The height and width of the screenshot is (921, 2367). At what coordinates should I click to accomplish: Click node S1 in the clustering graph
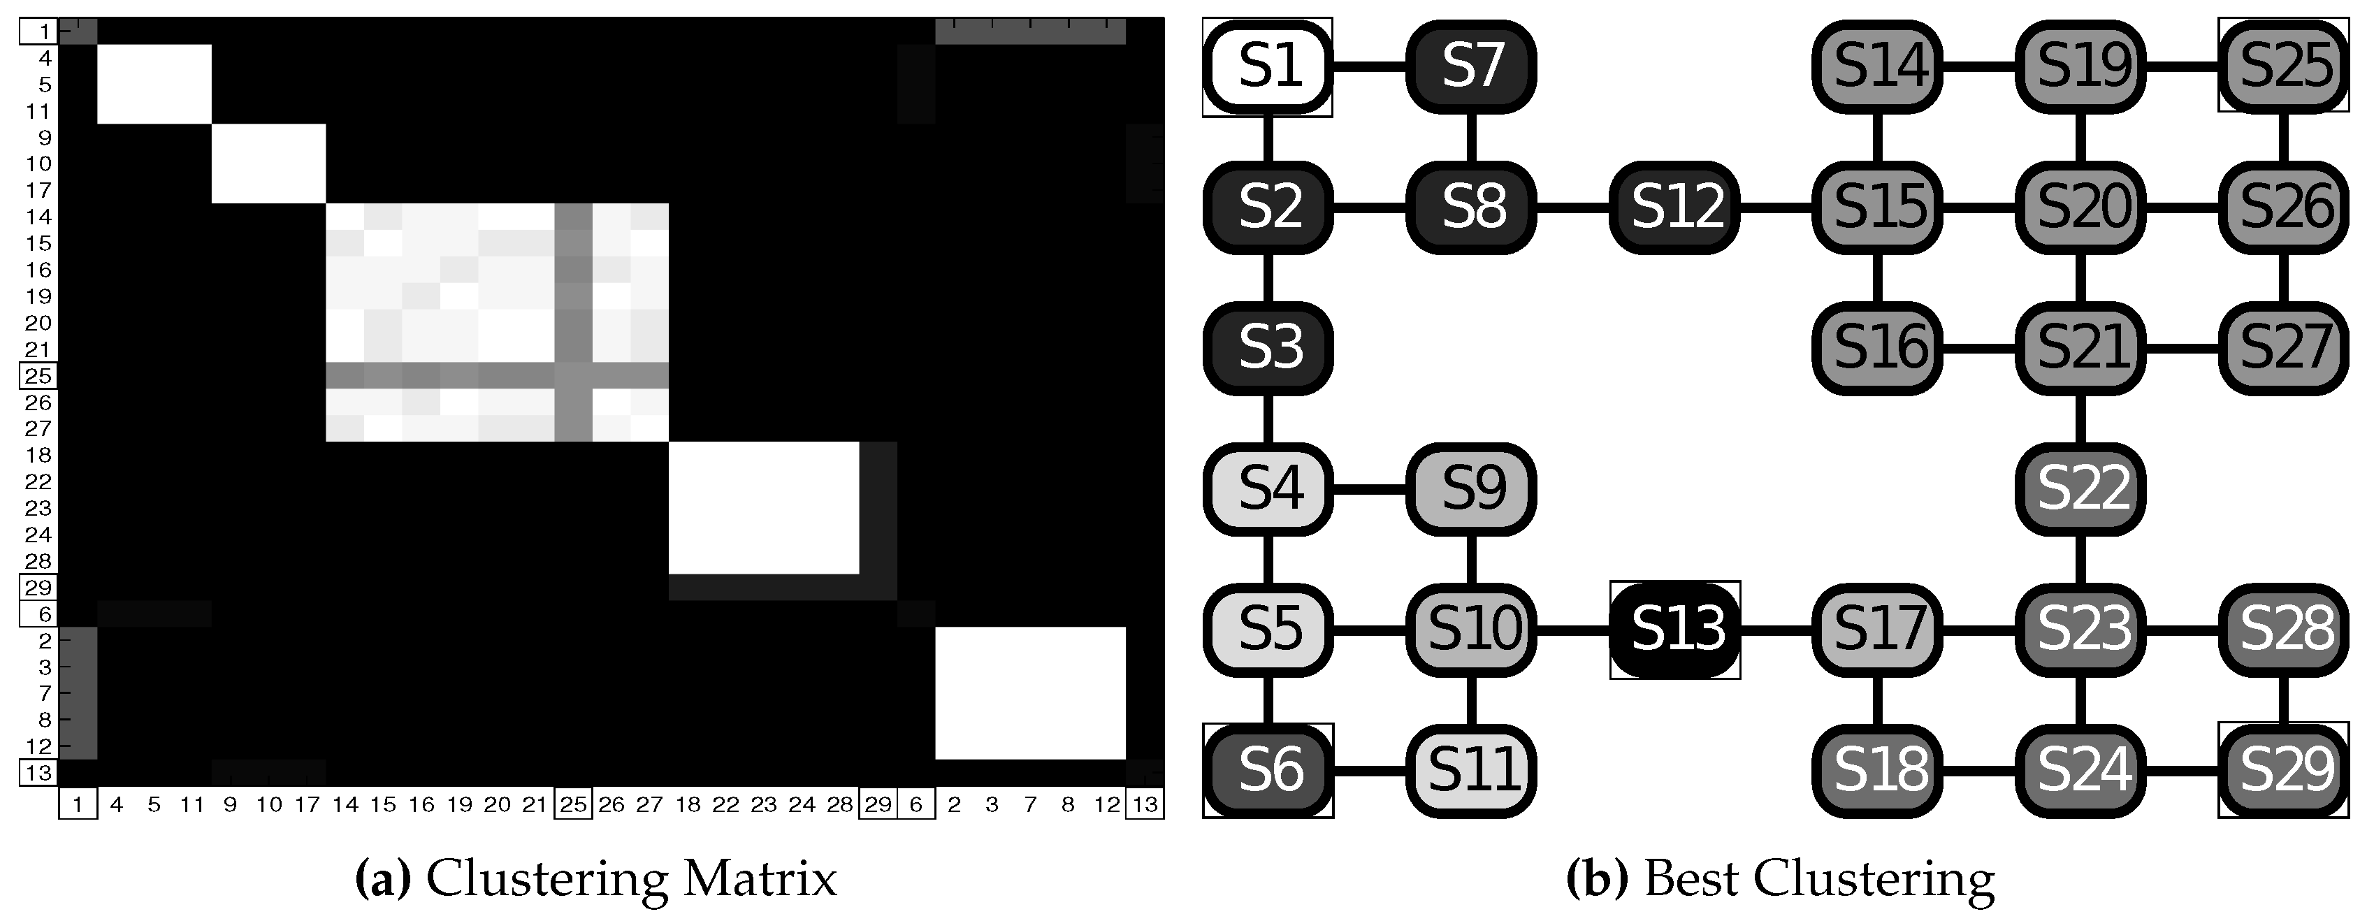[1268, 67]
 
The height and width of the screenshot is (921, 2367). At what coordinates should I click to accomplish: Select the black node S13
[1675, 630]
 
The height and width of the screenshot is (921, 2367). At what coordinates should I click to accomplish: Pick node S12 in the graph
[1675, 208]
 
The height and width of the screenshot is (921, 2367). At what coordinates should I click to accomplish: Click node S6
[1268, 770]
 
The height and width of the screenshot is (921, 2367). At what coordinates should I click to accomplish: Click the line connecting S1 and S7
[1369, 66]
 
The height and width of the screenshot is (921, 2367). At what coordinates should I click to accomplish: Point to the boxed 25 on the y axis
[38, 376]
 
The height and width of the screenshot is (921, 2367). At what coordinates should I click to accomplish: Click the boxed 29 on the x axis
[878, 805]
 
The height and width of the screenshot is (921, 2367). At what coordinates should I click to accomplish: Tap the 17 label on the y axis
[38, 190]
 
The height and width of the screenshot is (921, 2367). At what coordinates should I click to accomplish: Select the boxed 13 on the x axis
[1145, 805]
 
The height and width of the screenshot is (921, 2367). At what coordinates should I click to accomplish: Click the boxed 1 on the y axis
[38, 31]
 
